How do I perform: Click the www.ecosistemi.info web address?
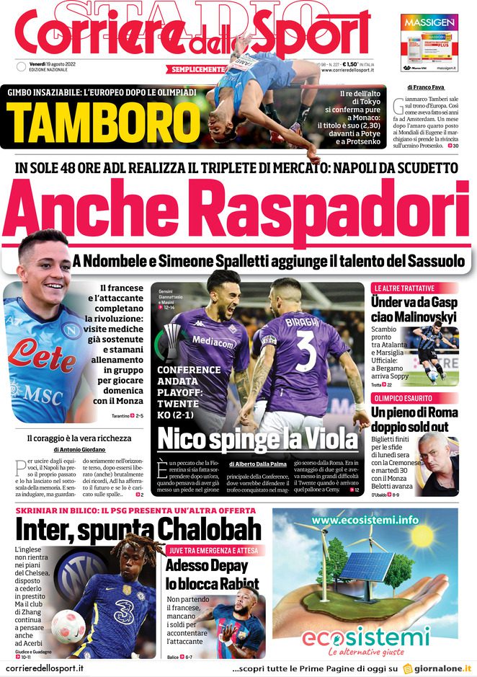click(365, 519)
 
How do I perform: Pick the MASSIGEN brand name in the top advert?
click(429, 22)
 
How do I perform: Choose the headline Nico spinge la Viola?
click(257, 438)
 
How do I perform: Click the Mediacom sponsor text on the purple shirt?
click(213, 340)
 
